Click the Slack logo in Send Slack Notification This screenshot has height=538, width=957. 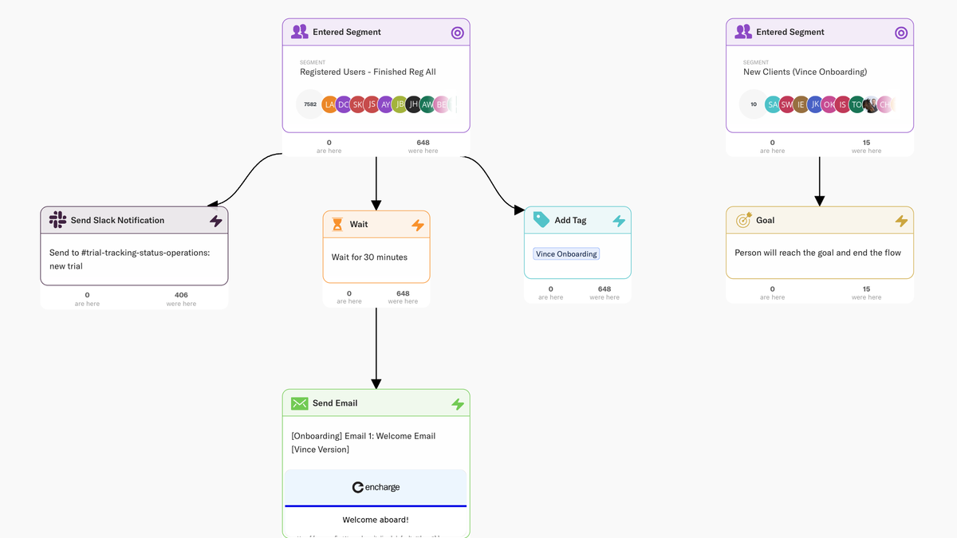pos(57,220)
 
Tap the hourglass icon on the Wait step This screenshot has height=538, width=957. pos(337,225)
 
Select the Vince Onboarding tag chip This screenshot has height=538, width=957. pos(566,254)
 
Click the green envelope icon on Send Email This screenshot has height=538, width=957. pos(299,403)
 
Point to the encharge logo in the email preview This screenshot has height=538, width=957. pos(376,487)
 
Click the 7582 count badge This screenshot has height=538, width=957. pos(310,104)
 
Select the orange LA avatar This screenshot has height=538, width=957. pos(330,104)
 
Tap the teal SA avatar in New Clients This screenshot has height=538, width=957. pos(772,104)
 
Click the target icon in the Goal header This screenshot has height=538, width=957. pos(743,220)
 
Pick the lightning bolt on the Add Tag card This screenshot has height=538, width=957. pos(619,221)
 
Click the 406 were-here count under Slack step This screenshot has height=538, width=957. pos(181,295)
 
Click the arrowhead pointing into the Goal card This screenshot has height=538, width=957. pos(819,200)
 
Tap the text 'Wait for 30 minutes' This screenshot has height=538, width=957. pos(369,257)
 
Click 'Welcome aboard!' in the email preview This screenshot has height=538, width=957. pos(376,520)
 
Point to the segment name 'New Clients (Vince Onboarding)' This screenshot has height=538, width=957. pos(805,72)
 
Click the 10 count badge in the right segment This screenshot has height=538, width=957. pos(754,104)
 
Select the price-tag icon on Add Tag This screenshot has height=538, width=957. pos(542,220)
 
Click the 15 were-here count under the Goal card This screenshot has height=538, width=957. pos(866,289)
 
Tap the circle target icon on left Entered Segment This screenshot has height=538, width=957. pos(457,33)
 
